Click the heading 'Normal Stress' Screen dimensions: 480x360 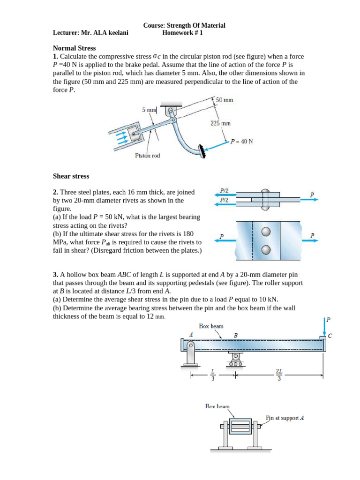click(x=74, y=48)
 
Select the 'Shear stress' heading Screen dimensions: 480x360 click(x=71, y=176)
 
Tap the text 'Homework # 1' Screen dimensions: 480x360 click(x=182, y=33)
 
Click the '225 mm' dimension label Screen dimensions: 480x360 click(x=220, y=123)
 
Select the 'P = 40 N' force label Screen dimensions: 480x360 click(x=241, y=141)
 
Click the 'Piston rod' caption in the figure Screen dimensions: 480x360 click(x=147, y=155)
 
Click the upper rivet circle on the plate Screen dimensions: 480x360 click(x=266, y=232)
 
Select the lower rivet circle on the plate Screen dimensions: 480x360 click(x=266, y=249)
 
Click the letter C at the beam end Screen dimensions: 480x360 click(x=330, y=336)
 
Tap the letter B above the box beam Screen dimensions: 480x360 click(x=236, y=335)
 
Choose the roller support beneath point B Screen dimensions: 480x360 click(x=235, y=360)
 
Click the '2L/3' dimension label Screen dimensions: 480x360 click(x=279, y=375)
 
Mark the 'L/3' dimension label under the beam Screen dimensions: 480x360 click(x=212, y=375)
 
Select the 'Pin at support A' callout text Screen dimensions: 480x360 click(x=285, y=417)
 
